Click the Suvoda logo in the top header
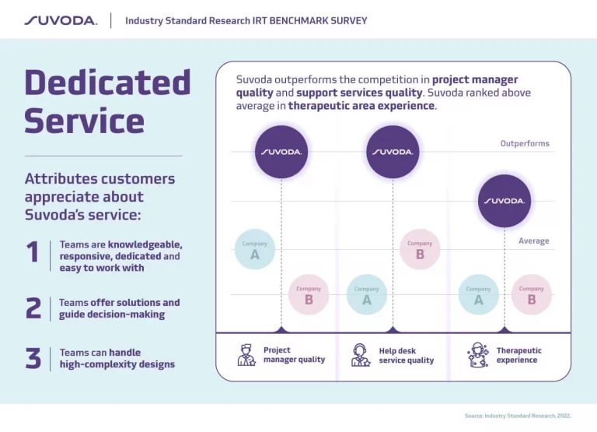[61, 20]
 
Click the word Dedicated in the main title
[107, 83]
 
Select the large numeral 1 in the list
[33, 252]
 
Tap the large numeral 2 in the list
[33, 308]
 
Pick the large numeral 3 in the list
[33, 358]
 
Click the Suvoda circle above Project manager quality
[281, 151]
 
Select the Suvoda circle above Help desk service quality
[393, 151]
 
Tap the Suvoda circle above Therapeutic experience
[504, 200]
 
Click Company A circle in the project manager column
[254, 249]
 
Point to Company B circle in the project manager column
[309, 294]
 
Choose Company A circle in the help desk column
[366, 294]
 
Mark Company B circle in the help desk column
[420, 249]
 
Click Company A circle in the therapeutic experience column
[478, 294]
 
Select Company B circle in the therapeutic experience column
[532, 294]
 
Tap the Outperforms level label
[524, 143]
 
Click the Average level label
[533, 241]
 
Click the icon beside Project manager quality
[246, 355]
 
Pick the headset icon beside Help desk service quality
[361, 355]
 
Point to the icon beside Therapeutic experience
[477, 355]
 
